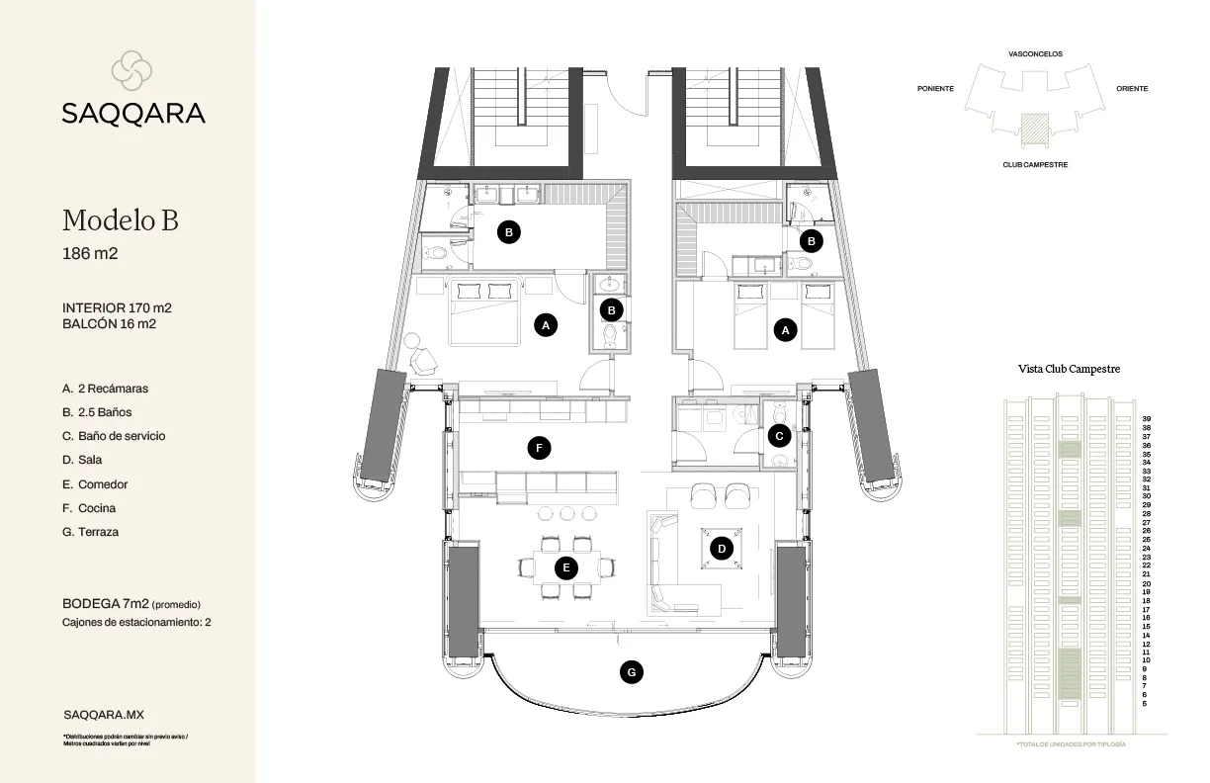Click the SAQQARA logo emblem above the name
pos(132,70)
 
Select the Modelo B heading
pos(120,219)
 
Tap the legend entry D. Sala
pos(82,460)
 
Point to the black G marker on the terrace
pos(632,672)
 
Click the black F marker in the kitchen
pos(539,448)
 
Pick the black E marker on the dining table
pos(565,567)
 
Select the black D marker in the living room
pos(723,548)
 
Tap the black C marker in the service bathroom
pos(779,434)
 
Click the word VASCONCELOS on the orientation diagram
pos(1035,53)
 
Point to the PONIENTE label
pos(935,89)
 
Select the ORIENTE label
pos(1132,89)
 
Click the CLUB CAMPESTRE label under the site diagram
pos(1035,165)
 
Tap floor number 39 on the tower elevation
pos(1146,419)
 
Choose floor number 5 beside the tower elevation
pos(1145,704)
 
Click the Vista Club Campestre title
pos(1069,369)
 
